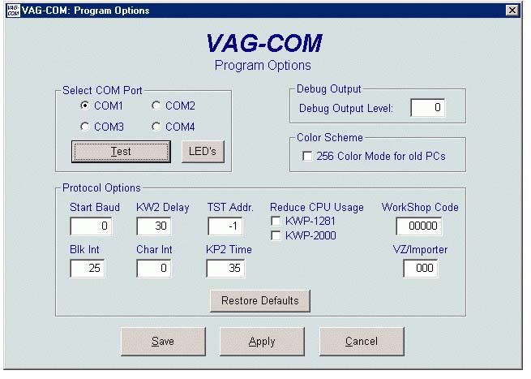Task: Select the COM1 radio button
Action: pos(84,106)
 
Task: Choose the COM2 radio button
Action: pos(156,106)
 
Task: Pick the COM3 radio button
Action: pos(84,127)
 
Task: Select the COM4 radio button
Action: pos(156,127)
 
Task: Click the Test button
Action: pos(121,152)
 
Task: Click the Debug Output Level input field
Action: pos(428,107)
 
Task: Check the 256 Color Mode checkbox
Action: pos(307,157)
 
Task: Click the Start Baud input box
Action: pos(91,226)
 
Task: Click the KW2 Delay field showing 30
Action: pos(154,226)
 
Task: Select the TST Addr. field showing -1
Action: pos(225,226)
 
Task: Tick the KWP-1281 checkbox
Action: pos(276,221)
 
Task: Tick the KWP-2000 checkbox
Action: pos(276,235)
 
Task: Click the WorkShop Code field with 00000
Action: pos(419,226)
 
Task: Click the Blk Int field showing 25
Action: pos(88,268)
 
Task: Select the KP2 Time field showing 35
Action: pos(225,268)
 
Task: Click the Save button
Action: pos(163,342)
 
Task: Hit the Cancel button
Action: pos(362,342)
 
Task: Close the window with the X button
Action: pos(512,11)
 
